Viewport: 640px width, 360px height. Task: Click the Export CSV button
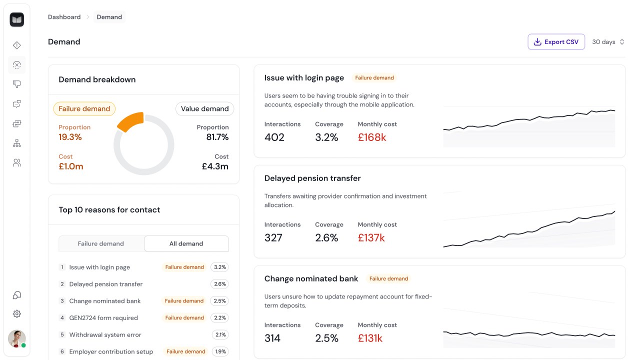[x=556, y=41]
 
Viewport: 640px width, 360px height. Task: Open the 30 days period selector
[x=608, y=42]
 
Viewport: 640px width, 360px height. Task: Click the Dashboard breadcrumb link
[x=64, y=17]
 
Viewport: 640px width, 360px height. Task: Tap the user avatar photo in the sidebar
[x=17, y=338]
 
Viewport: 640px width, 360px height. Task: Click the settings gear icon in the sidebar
[x=17, y=313]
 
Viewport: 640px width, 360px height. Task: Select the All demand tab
[x=186, y=243]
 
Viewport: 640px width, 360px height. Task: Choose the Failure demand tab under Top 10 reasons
[x=101, y=243]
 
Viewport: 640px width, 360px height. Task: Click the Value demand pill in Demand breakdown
[x=204, y=109]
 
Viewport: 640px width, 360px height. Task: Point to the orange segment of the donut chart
[x=131, y=122]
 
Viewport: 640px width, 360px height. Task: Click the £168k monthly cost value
[x=371, y=137]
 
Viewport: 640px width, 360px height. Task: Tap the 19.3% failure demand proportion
[x=70, y=137]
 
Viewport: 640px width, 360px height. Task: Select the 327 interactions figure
[x=273, y=237]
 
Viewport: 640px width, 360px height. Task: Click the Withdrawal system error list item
[x=105, y=334]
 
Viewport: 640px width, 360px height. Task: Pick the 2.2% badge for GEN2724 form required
[x=219, y=317]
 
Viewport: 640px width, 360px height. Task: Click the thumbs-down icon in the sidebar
[x=17, y=84]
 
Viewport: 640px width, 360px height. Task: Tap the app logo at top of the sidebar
[x=17, y=19]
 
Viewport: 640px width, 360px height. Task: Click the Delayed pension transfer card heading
[x=312, y=178]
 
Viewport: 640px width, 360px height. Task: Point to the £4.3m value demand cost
[x=215, y=166]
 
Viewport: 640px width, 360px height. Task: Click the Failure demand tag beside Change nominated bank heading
[x=388, y=278]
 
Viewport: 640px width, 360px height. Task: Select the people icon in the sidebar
[x=17, y=163]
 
